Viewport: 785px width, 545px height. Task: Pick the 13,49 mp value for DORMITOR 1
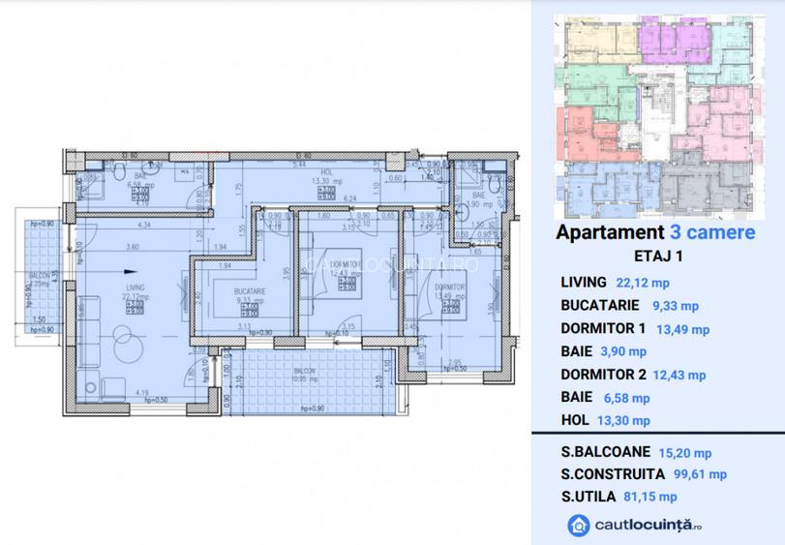point(683,329)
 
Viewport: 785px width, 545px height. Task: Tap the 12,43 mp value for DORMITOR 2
point(679,375)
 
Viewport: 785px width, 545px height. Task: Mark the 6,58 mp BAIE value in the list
point(626,398)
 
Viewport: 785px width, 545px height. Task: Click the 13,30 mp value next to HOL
point(625,420)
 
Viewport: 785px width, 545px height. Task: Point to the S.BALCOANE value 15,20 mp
point(685,452)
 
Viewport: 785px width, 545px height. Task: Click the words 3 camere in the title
point(709,233)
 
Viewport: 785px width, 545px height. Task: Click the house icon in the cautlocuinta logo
point(577,526)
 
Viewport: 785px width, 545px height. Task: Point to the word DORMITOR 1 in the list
point(602,329)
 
